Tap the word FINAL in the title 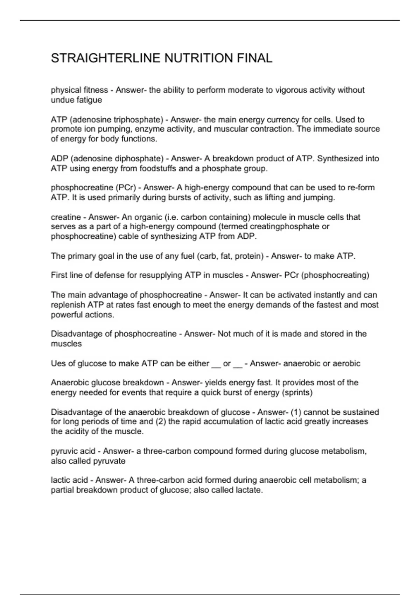pos(254,58)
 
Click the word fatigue pos(89,100)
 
